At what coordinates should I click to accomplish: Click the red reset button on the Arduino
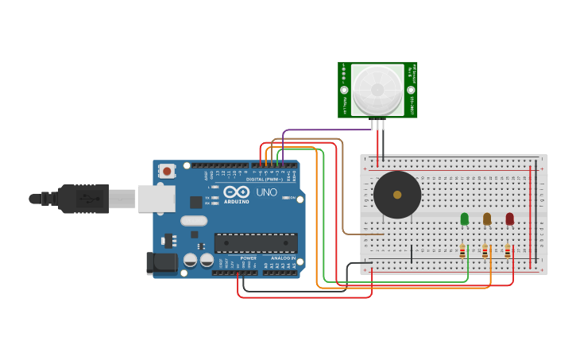(x=167, y=171)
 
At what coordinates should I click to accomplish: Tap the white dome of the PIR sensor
(x=377, y=89)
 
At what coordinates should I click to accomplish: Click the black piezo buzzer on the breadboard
(x=397, y=195)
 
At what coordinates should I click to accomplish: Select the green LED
(x=464, y=219)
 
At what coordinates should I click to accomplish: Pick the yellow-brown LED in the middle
(x=487, y=219)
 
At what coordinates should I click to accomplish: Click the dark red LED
(x=509, y=219)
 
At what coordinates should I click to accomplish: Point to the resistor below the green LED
(x=462, y=252)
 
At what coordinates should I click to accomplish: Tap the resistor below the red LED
(x=508, y=252)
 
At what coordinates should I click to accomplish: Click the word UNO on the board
(x=267, y=192)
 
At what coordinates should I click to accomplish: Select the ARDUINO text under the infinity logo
(x=237, y=201)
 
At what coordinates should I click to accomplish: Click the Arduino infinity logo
(x=236, y=192)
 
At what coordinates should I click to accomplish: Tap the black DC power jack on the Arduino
(x=161, y=263)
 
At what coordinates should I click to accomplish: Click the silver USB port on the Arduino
(x=157, y=199)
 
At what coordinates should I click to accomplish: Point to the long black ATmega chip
(x=256, y=242)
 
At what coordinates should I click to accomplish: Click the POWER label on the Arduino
(x=248, y=258)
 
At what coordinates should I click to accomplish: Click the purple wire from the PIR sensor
(x=326, y=130)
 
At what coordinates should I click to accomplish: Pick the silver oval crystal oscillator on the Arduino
(x=194, y=221)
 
